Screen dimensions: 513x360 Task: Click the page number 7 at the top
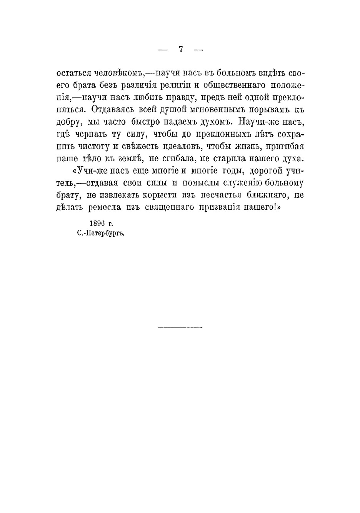tap(181, 49)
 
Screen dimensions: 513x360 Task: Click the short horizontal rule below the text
tap(180, 328)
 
